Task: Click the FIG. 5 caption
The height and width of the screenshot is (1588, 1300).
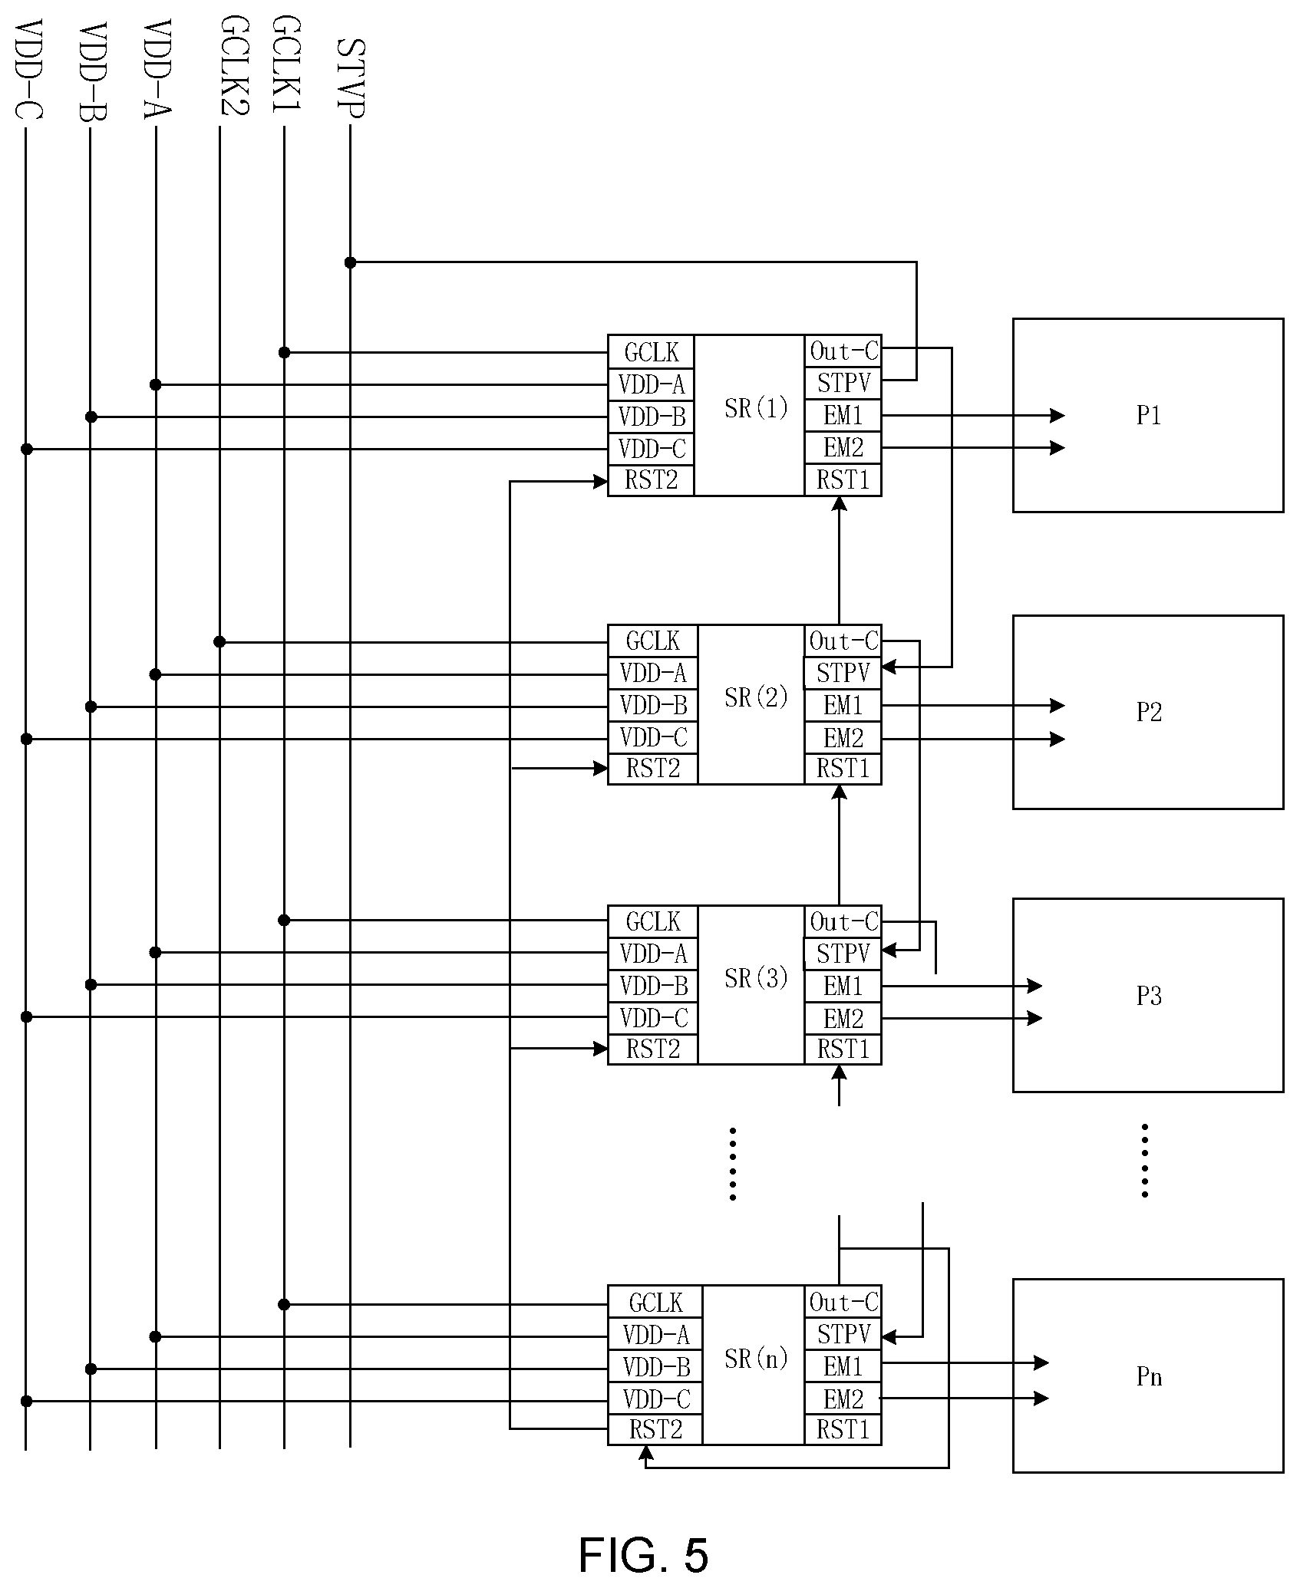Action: [x=643, y=1555]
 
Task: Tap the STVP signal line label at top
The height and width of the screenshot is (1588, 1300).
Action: [x=351, y=77]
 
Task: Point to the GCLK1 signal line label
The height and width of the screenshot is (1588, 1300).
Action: [x=285, y=64]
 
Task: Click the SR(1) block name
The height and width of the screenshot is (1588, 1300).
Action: [x=757, y=408]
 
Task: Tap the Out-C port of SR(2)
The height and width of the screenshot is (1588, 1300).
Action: [x=843, y=641]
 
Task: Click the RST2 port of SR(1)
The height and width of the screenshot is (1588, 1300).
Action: [x=652, y=481]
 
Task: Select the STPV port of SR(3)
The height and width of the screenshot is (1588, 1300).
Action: [x=843, y=954]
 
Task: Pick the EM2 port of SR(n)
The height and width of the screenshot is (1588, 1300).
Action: [x=843, y=1399]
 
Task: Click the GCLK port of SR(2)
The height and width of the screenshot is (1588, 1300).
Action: [x=653, y=641]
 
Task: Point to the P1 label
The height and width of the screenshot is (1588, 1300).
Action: [x=1149, y=415]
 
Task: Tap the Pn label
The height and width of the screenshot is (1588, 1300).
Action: [x=1149, y=1377]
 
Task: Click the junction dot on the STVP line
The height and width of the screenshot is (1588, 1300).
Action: [x=351, y=262]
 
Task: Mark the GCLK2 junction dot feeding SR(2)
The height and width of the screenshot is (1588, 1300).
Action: [x=219, y=641]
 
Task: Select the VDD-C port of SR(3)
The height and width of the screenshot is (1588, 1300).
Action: [x=653, y=1018]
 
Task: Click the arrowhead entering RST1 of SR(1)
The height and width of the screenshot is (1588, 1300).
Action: [x=840, y=503]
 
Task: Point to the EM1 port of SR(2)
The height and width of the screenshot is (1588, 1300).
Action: [x=843, y=704]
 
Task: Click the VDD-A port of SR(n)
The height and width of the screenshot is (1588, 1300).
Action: [x=656, y=1335]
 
